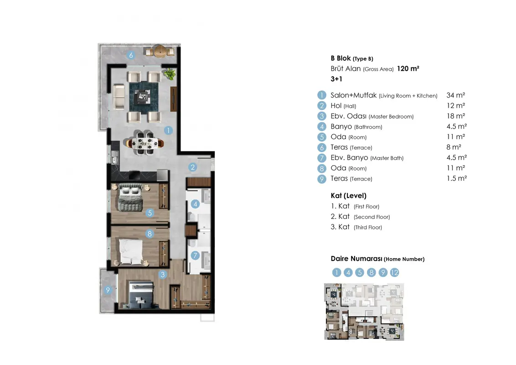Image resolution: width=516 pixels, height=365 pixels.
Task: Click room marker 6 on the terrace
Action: (131, 55)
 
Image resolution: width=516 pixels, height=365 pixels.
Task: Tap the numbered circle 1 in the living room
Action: (168, 130)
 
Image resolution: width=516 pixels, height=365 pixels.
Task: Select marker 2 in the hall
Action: (193, 167)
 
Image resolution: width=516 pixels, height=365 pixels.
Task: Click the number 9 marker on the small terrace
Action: (108, 290)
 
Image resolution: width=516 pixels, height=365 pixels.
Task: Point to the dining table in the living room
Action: (145, 143)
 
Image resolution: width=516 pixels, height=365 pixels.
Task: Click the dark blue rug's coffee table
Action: (144, 97)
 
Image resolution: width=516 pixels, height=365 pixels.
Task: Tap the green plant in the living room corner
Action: (170, 74)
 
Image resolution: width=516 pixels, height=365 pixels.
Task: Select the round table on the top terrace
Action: (160, 52)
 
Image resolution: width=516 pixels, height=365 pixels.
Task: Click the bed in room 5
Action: (130, 198)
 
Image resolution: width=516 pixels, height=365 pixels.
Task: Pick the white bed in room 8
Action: (131, 251)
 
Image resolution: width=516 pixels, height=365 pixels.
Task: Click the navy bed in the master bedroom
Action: (141, 295)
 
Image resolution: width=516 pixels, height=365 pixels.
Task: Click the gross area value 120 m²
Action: (408, 68)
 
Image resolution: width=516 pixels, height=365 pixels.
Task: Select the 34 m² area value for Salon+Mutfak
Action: (456, 95)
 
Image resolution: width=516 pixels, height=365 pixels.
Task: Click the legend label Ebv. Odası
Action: (349, 116)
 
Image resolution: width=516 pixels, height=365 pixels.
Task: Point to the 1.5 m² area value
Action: (457, 178)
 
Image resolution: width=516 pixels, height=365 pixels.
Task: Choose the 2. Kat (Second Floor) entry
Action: (361, 216)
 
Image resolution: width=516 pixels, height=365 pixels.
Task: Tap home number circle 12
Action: (394, 272)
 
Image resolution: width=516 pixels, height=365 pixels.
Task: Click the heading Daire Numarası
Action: (356, 259)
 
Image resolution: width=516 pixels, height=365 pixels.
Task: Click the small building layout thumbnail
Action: (364, 312)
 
